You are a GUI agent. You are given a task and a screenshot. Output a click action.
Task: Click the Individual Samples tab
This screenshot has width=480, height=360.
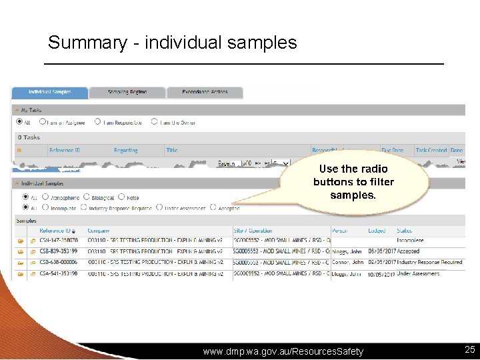(50, 92)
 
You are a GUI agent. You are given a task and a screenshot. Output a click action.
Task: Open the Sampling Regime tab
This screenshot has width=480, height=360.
(127, 92)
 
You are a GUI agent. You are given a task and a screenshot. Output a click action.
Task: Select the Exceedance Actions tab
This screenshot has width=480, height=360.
(205, 92)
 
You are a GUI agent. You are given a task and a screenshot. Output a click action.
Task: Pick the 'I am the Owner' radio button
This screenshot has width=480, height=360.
(154, 122)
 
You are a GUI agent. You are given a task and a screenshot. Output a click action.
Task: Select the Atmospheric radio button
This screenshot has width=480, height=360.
(45, 197)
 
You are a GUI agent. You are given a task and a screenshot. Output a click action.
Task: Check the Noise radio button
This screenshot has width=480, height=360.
(121, 197)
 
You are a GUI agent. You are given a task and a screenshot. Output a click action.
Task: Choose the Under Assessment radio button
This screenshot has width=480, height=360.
(159, 207)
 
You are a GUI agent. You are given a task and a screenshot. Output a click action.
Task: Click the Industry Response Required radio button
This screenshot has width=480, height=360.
(83, 207)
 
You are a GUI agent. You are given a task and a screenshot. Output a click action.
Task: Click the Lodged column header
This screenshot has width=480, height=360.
(377, 231)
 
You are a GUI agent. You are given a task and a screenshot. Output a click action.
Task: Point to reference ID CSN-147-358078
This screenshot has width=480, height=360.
(59, 240)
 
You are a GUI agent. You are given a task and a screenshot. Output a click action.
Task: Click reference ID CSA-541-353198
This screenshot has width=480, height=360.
(59, 273)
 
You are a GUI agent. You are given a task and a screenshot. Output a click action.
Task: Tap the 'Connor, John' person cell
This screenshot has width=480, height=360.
(347, 262)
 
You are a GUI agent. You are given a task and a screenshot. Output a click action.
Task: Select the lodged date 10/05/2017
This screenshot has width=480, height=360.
(381, 273)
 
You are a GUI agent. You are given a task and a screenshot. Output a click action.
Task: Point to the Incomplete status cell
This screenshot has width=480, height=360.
(410, 240)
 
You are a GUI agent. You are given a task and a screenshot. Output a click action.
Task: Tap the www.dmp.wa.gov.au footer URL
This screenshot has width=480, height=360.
(283, 351)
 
